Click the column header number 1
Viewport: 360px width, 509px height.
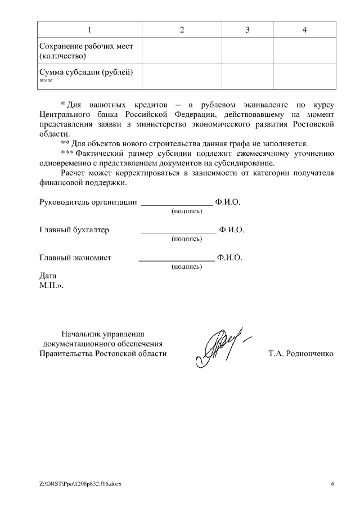(89, 30)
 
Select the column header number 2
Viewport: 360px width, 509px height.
(182, 30)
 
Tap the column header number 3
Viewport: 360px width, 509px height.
(247, 30)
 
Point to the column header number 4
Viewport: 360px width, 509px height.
(304, 30)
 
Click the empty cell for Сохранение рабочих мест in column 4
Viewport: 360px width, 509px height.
(304, 51)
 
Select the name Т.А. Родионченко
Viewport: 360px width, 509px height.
(301, 354)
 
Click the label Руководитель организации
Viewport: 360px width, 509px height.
(88, 202)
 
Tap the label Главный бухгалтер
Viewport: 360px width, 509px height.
(74, 230)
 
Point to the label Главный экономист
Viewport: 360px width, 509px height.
(75, 258)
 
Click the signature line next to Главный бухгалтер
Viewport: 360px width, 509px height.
(178, 231)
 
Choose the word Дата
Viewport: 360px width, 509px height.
(48, 276)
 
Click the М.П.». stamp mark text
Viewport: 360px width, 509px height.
(52, 286)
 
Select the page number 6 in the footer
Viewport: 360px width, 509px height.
(332, 484)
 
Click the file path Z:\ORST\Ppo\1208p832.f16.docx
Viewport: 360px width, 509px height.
(80, 484)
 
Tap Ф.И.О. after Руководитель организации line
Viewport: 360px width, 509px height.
(227, 202)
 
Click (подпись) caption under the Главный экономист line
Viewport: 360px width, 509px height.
(186, 267)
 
